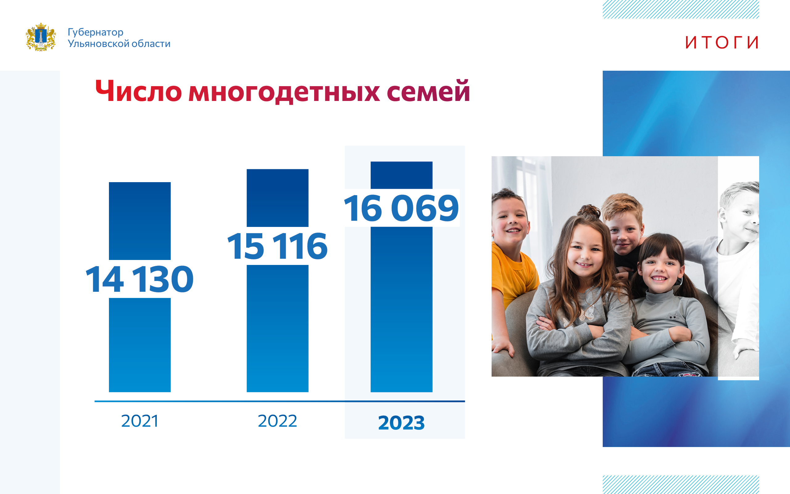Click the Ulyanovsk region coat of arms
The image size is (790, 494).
point(41,37)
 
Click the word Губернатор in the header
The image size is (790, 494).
point(95,32)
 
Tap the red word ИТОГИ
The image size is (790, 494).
point(722,43)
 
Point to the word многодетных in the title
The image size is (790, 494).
point(284,92)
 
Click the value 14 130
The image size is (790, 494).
point(140,279)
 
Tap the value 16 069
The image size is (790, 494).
point(401,208)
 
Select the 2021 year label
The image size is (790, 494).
point(140,421)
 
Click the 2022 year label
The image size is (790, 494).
point(277,421)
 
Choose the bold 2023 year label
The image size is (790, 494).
point(401,423)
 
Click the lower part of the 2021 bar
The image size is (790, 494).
point(140,345)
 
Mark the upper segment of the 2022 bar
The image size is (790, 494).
point(277,198)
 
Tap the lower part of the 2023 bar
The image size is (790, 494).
point(401,309)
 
